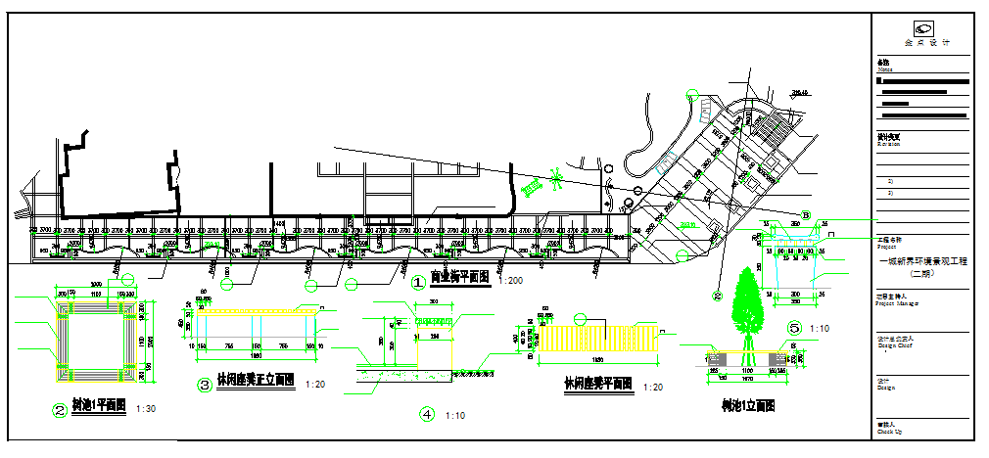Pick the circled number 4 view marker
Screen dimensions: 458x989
(x=427, y=414)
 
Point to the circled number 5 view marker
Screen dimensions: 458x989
(x=795, y=328)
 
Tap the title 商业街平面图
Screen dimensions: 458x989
(x=460, y=278)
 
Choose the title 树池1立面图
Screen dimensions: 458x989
(x=748, y=404)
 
